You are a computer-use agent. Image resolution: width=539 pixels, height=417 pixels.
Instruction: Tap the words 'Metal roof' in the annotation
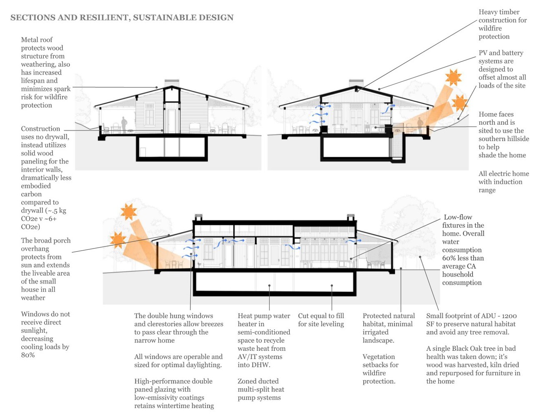pyautogui.click(x=37, y=40)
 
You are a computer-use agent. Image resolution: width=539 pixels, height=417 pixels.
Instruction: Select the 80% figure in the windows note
pyautogui.click(x=28, y=355)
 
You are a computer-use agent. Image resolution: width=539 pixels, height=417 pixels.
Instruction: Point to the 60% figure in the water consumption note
pyautogui.click(x=449, y=258)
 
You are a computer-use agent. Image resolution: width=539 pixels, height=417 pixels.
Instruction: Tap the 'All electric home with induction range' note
pyautogui.click(x=503, y=182)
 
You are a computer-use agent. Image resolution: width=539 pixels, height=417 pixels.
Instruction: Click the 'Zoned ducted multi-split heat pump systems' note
pyautogui.click(x=261, y=389)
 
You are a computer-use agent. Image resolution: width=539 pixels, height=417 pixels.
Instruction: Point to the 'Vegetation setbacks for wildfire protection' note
pyautogui.click(x=380, y=369)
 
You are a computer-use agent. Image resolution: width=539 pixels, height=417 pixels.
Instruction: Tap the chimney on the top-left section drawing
pyautogui.click(x=172, y=83)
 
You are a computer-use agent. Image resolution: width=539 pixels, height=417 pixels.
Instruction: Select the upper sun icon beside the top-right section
pyautogui.click(x=453, y=78)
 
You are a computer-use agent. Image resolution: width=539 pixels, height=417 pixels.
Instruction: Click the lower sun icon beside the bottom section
pyautogui.click(x=118, y=240)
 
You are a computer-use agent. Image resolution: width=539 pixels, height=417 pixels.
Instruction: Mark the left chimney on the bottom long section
pyautogui.click(x=199, y=217)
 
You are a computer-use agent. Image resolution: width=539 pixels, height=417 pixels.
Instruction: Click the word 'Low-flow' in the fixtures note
pyautogui.click(x=458, y=217)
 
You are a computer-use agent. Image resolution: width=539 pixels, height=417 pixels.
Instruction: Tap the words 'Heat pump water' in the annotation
pyautogui.click(x=264, y=316)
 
